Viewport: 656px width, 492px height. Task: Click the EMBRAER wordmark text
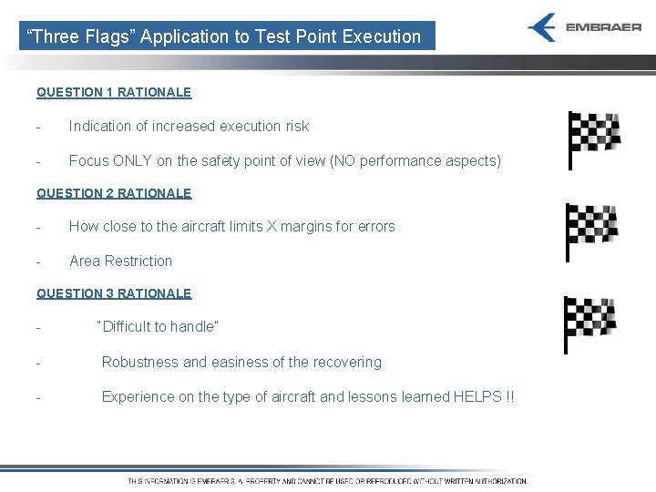(x=603, y=27)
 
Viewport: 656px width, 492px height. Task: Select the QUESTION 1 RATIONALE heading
(x=114, y=92)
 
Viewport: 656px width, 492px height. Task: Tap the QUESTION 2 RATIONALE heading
(x=114, y=193)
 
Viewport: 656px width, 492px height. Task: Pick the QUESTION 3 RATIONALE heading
(x=114, y=293)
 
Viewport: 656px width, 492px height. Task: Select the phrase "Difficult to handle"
(x=158, y=326)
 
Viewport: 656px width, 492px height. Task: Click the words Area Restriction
(x=120, y=261)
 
